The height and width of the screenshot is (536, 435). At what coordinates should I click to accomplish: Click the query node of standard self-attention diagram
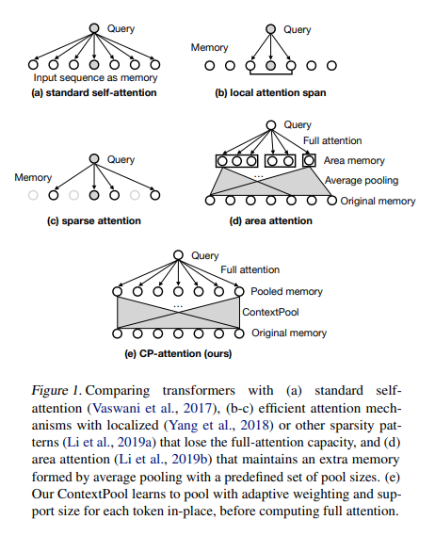[94, 28]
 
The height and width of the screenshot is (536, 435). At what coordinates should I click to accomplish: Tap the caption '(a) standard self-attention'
[93, 92]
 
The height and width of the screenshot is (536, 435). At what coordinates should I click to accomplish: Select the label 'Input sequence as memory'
[95, 78]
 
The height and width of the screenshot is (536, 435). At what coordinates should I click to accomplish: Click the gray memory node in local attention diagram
[270, 65]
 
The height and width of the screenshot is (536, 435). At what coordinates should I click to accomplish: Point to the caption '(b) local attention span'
[270, 92]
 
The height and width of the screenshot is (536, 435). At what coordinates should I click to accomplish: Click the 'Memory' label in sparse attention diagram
[33, 177]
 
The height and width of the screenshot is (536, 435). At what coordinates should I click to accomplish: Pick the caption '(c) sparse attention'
[94, 220]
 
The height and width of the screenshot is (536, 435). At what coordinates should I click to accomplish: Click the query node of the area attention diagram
[271, 125]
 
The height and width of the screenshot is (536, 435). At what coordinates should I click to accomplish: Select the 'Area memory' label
[354, 161]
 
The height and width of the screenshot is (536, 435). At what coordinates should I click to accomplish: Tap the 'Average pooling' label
[362, 180]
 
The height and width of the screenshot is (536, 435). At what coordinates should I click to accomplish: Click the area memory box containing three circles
[237, 161]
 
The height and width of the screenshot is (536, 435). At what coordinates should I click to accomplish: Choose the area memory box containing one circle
[309, 161]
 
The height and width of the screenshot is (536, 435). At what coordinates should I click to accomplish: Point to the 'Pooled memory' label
[286, 291]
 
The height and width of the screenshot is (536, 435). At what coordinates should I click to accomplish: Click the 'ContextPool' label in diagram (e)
[270, 312]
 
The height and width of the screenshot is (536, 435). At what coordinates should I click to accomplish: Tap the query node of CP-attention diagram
[178, 255]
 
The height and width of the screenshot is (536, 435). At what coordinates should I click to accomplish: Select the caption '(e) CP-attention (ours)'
[178, 353]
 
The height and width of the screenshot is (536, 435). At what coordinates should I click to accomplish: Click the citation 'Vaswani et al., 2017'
[153, 408]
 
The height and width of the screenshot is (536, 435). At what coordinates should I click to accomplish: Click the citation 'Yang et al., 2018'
[218, 425]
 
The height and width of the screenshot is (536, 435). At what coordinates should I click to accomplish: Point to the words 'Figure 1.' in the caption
[56, 391]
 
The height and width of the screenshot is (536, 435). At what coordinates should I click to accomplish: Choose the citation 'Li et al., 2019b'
[163, 459]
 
